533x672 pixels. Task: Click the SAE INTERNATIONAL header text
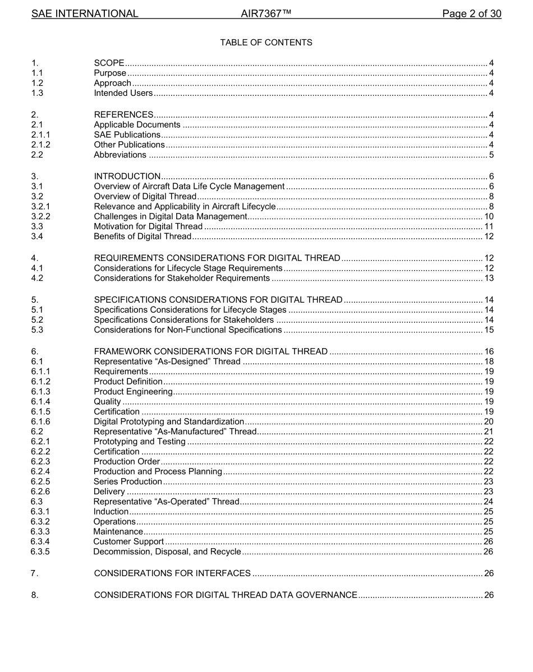click(85, 13)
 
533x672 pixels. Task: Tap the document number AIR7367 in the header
click(266, 13)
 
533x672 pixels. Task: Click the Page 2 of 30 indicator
click(471, 13)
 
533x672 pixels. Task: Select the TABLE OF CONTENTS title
click(266, 43)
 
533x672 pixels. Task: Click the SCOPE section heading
click(109, 63)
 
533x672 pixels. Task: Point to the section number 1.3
click(38, 93)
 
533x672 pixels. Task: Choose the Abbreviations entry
click(120, 155)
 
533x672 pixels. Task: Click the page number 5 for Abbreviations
click(491, 155)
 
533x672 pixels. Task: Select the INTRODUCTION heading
click(127, 177)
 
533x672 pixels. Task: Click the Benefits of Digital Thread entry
click(143, 237)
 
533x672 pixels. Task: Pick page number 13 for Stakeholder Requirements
click(489, 278)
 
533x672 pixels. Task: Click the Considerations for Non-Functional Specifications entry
click(187, 330)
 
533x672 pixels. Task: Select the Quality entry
click(107, 401)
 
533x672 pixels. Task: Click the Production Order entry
click(127, 461)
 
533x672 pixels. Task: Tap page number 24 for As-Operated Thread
click(489, 502)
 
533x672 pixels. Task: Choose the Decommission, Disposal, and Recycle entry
click(167, 552)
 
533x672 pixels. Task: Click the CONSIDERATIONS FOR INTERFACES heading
click(172, 573)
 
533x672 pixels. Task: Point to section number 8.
click(35, 595)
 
